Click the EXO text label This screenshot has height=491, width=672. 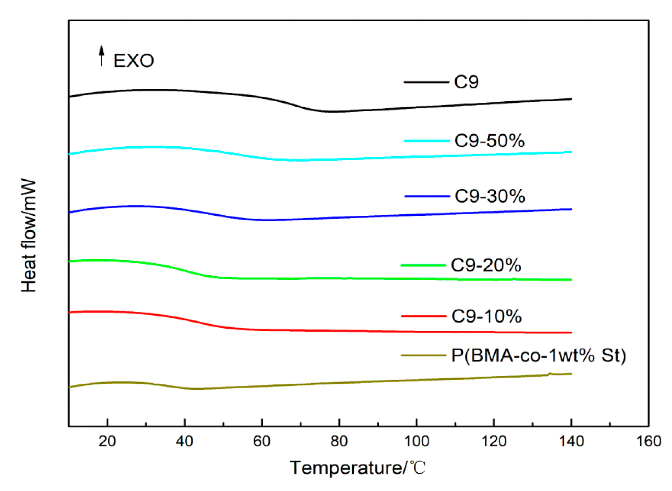click(x=133, y=61)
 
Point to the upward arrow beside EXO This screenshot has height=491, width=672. click(x=102, y=56)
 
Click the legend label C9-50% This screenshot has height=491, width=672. click(x=489, y=141)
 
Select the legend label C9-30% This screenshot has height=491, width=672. click(x=490, y=196)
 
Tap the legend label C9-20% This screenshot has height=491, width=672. click(x=486, y=265)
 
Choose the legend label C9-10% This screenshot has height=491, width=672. click(x=486, y=316)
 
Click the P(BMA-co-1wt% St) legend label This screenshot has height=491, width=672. click(x=539, y=355)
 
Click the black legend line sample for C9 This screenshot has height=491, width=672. click(x=426, y=82)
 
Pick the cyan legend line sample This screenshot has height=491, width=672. click(x=427, y=141)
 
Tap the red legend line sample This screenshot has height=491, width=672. click(x=423, y=316)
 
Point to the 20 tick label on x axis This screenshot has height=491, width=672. click(x=107, y=441)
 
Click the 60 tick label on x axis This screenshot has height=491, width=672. click(x=262, y=441)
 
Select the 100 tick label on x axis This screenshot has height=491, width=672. click(x=416, y=441)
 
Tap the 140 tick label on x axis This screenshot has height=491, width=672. click(x=571, y=441)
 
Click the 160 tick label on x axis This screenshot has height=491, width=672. click(x=648, y=441)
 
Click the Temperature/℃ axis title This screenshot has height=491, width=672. click(x=358, y=468)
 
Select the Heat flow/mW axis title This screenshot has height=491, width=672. click(x=29, y=236)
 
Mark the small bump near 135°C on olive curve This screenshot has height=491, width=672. click(x=550, y=373)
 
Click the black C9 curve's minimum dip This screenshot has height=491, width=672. click(x=329, y=112)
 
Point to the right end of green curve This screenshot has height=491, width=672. click(x=571, y=280)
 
